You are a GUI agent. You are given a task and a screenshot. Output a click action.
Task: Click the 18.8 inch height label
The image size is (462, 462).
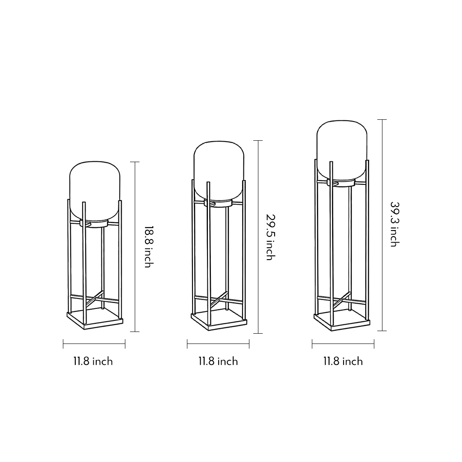[148, 247]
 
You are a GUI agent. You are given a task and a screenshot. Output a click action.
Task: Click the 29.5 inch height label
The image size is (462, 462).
[269, 237]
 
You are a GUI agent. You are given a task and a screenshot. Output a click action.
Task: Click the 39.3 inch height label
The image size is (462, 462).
[394, 224]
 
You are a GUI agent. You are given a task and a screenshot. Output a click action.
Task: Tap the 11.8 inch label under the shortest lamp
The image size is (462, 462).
[93, 361]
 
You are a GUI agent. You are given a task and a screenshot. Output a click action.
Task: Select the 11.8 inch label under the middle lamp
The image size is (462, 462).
[218, 361]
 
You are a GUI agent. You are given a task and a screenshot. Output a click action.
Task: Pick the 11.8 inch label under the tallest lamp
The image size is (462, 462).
[343, 361]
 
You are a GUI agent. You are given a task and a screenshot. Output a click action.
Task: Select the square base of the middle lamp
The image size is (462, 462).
[218, 321]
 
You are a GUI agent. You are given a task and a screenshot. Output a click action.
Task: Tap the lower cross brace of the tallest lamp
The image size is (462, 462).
[342, 299]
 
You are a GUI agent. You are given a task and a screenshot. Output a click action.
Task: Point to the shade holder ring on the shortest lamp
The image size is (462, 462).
[95, 224]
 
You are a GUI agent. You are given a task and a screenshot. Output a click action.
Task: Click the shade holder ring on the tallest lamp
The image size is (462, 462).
[342, 183]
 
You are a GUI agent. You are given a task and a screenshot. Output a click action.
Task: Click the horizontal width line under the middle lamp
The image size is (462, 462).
[218, 344]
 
